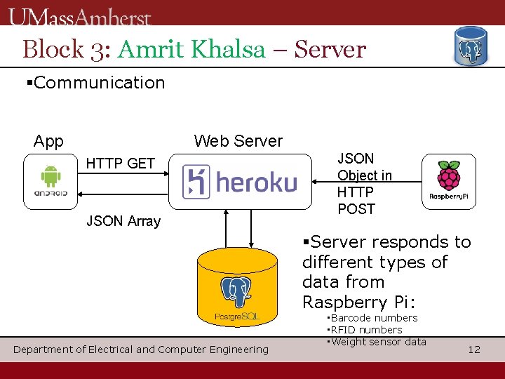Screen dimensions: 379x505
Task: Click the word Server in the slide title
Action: point(330,50)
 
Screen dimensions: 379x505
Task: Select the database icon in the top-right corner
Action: point(471,47)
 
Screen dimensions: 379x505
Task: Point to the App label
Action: point(48,141)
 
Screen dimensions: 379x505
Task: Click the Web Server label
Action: point(238,141)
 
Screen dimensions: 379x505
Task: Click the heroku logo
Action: point(240,182)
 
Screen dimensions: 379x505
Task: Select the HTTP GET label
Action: point(120,164)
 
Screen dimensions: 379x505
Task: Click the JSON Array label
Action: point(123,221)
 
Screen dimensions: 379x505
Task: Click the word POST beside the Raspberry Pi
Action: point(356,209)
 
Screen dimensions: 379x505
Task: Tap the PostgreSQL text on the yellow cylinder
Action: point(237,317)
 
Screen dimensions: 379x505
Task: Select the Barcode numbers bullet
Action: point(373,318)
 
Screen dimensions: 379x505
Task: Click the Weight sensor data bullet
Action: point(377,342)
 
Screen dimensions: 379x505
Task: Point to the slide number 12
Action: point(474,349)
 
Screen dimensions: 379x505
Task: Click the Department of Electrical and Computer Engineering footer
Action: point(141,349)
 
